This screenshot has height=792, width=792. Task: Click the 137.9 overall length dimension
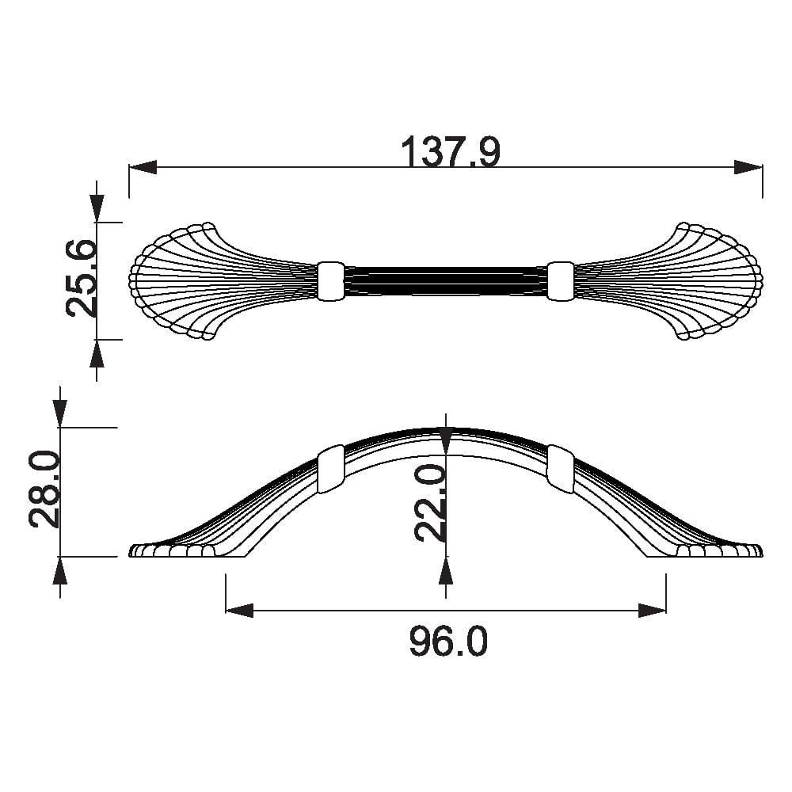pyautogui.click(x=451, y=150)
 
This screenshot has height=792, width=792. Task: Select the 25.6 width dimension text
pyautogui.click(x=81, y=278)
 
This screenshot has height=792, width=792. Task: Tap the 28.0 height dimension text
pyautogui.click(x=44, y=489)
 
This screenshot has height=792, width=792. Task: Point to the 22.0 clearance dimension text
pyautogui.click(x=430, y=504)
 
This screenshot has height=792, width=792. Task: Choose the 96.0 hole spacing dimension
pyautogui.click(x=448, y=641)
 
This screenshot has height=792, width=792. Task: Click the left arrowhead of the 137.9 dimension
pyautogui.click(x=143, y=167)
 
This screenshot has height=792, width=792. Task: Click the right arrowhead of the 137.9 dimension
pyautogui.click(x=748, y=167)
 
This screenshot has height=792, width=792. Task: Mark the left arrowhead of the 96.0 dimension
pyautogui.click(x=239, y=610)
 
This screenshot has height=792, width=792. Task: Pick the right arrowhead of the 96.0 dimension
pyautogui.click(x=652, y=610)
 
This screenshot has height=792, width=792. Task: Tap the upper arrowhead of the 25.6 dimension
pyautogui.click(x=97, y=208)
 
